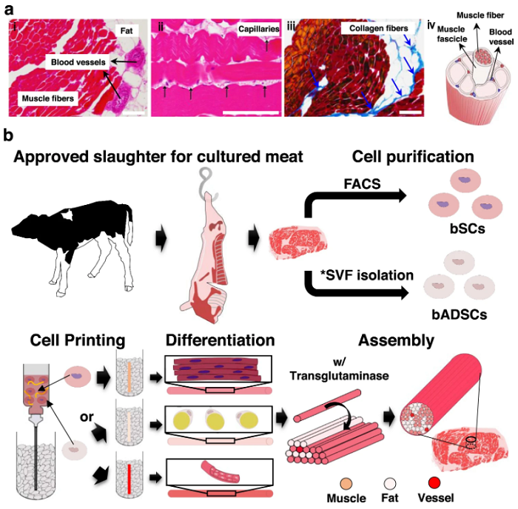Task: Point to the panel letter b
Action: [8, 135]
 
